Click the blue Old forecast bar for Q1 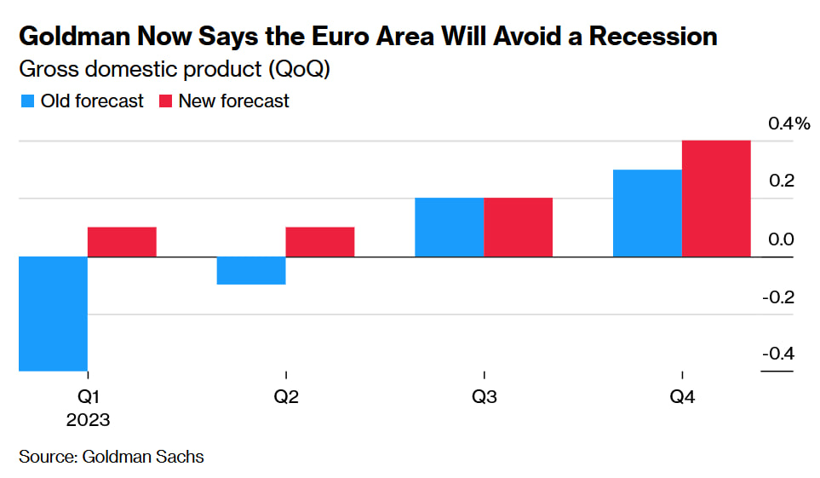click(53, 314)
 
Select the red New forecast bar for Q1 click(122, 242)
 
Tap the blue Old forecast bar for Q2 click(251, 270)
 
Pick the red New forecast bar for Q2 click(320, 242)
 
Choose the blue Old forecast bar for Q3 click(449, 227)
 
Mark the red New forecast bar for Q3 click(518, 227)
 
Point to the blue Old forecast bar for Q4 click(647, 213)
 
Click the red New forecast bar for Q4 click(716, 199)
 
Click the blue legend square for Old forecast click(27, 101)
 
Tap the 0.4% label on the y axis click(788, 124)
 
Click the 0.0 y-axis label click(781, 239)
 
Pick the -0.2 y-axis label click(778, 297)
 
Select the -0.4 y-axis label click(778, 354)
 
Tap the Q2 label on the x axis click(286, 397)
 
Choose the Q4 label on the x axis click(682, 397)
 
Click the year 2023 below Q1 click(88, 419)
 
